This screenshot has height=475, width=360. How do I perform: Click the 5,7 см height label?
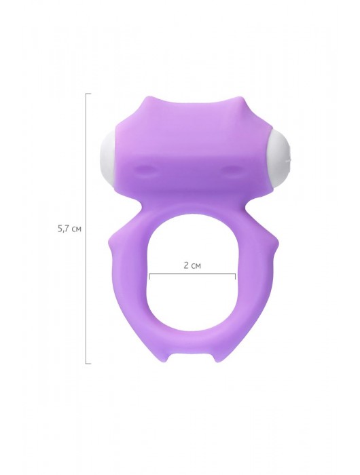coord(69,229)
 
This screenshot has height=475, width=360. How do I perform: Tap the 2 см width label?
coord(192,266)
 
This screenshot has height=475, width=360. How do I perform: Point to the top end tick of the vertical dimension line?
coord(88,94)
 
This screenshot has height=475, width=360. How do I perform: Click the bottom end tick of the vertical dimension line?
coord(88,363)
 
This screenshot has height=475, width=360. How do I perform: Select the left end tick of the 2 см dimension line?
coord(149,276)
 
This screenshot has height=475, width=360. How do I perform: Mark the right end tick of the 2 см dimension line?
coord(235,276)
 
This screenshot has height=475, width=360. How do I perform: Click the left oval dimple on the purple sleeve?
coord(145,168)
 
